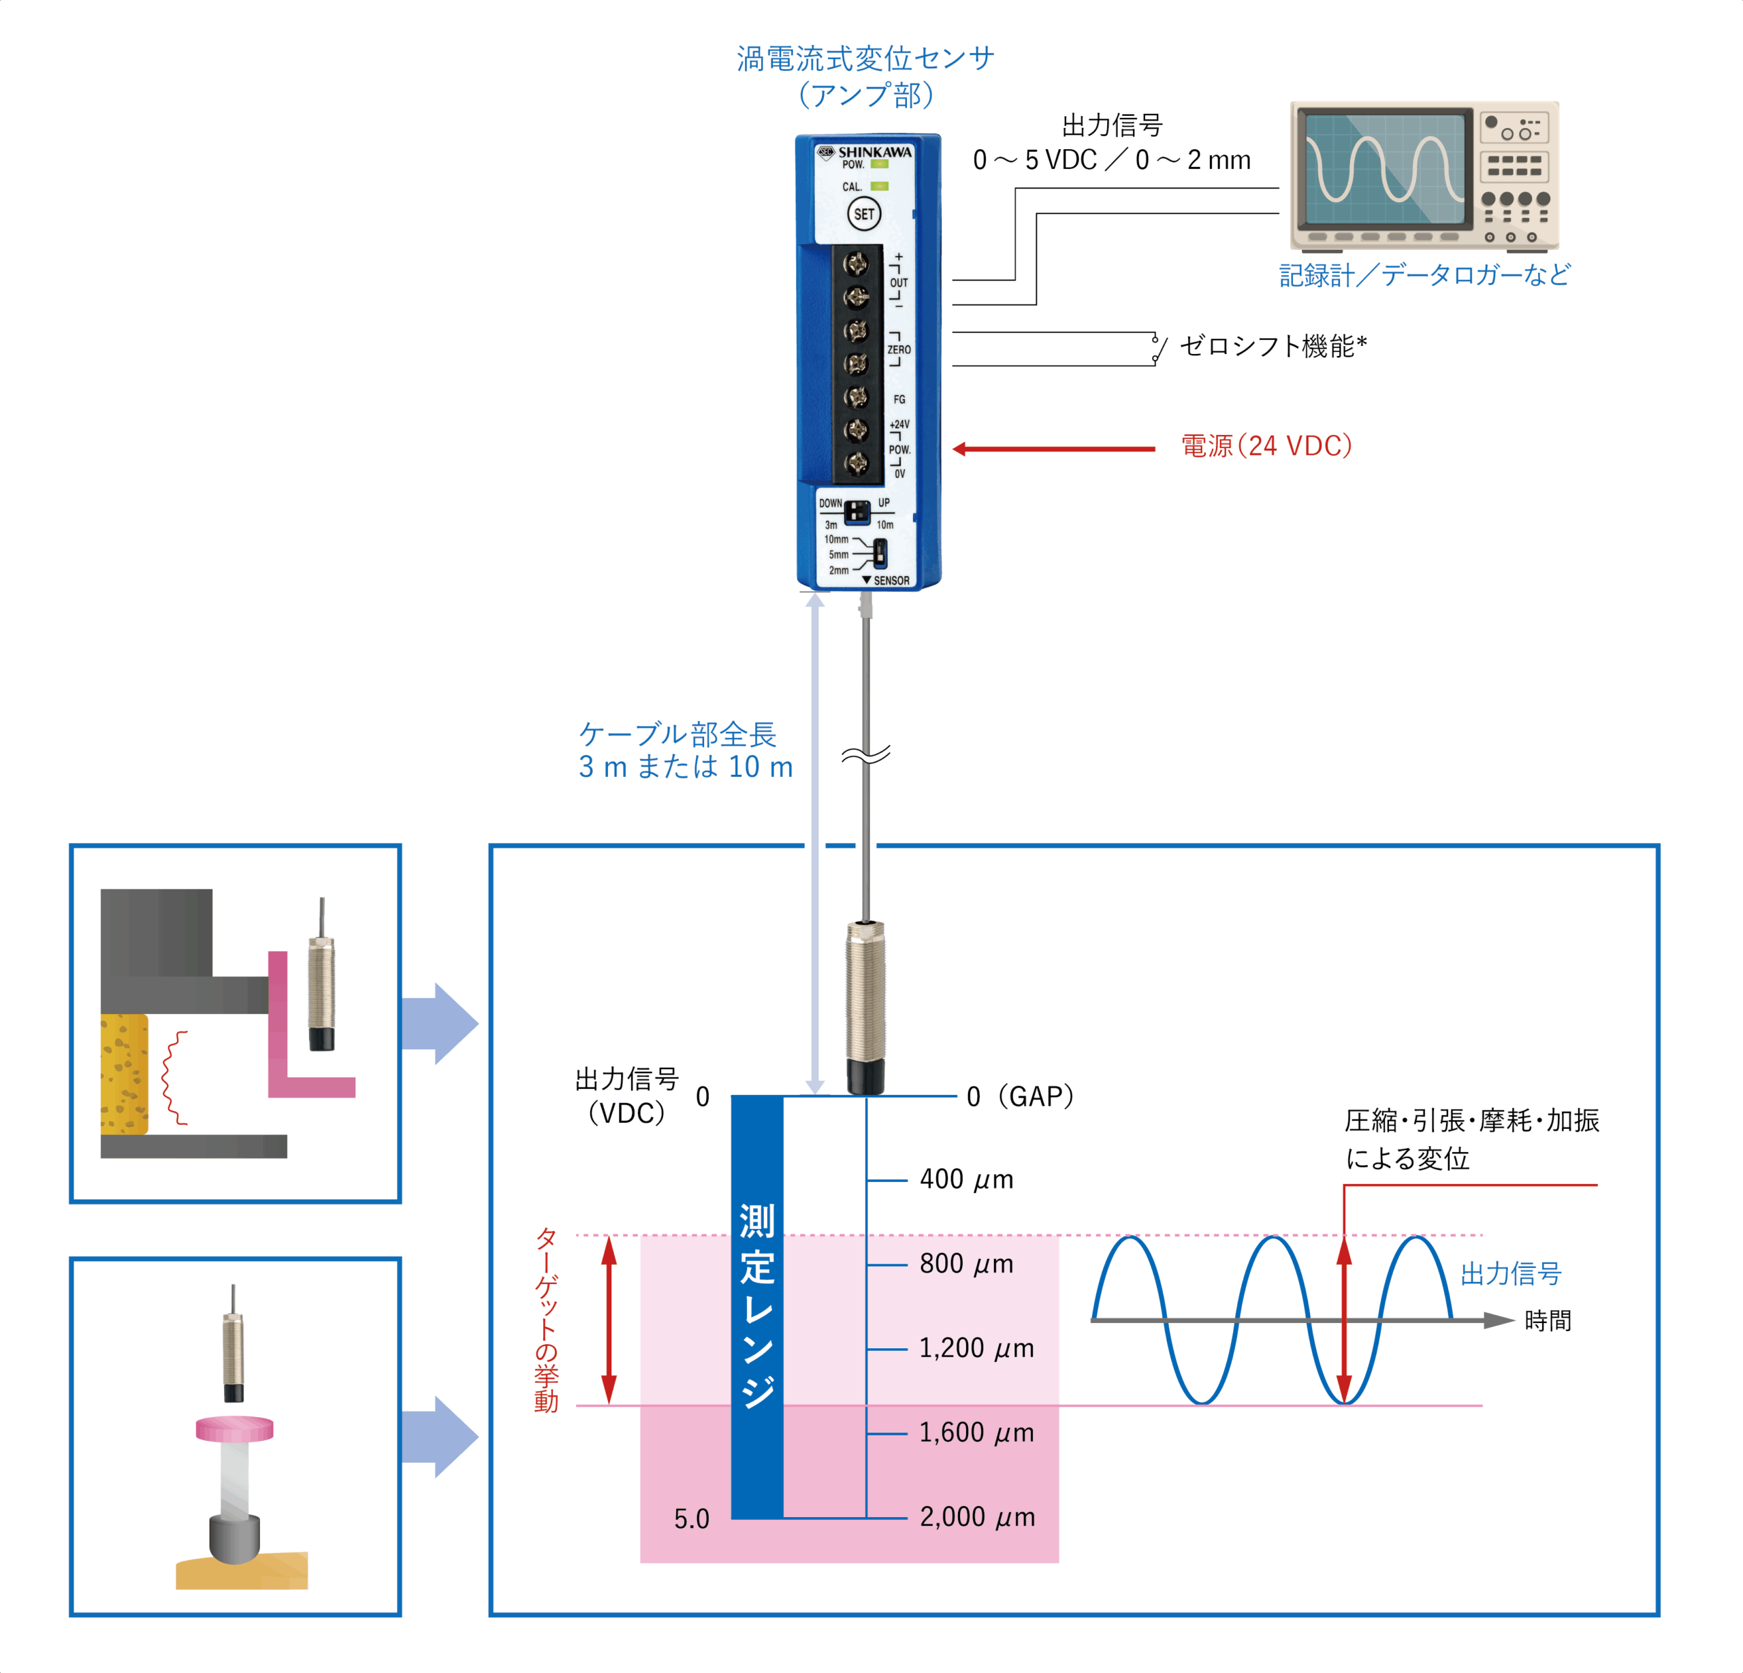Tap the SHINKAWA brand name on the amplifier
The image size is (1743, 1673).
click(x=874, y=152)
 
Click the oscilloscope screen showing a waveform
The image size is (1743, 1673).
click(x=1383, y=169)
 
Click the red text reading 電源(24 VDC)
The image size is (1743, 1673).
click(x=1266, y=445)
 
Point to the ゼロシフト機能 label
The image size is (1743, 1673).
click(x=1273, y=346)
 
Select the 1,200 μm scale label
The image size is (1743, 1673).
click(x=976, y=1348)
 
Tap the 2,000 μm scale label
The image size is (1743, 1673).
click(x=977, y=1516)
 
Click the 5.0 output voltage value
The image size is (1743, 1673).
click(x=691, y=1518)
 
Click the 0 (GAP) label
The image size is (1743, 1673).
click(x=1020, y=1097)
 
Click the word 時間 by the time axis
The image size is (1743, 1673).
click(x=1548, y=1321)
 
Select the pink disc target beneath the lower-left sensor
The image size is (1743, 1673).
click(x=235, y=1429)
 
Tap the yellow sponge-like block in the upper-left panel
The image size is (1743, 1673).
click(x=125, y=1074)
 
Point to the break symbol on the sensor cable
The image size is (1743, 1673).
click(x=865, y=755)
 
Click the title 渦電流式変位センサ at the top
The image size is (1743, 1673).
click(x=865, y=59)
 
